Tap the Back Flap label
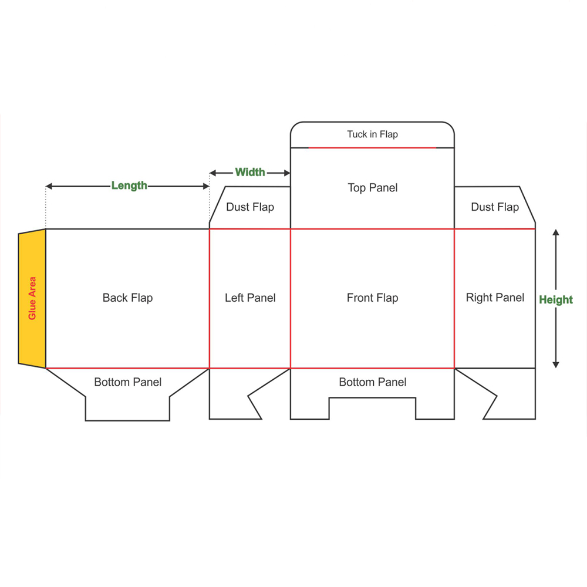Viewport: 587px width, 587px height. (x=127, y=298)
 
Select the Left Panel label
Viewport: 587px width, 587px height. (x=250, y=298)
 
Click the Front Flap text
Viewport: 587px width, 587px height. (x=372, y=298)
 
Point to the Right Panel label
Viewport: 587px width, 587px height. (x=495, y=298)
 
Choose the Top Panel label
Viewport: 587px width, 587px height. (x=372, y=188)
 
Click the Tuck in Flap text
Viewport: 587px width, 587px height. (x=372, y=134)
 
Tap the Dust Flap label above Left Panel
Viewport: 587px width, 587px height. (x=250, y=207)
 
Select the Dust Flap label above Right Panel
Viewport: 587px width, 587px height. (x=495, y=207)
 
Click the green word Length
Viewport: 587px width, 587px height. (x=129, y=185)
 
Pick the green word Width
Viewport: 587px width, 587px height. (x=250, y=172)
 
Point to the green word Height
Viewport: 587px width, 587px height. (x=556, y=300)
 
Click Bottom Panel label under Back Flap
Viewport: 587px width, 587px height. (x=127, y=382)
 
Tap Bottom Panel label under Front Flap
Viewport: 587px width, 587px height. (x=372, y=382)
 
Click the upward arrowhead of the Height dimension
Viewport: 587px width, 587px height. (x=556, y=232)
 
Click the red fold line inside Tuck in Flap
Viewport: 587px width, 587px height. (x=372, y=148)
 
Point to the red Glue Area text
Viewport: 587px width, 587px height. (x=32, y=298)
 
